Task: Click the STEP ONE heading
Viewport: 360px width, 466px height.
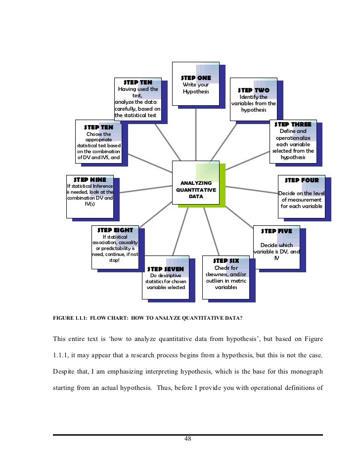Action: (196, 78)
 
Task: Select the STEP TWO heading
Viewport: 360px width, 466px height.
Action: (254, 90)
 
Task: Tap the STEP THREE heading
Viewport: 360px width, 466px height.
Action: (293, 125)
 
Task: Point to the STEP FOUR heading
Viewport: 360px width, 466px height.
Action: (302, 180)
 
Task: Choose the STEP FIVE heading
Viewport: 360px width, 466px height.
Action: (276, 231)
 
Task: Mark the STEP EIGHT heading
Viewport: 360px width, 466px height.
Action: (115, 230)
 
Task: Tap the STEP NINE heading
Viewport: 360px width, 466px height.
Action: (90, 179)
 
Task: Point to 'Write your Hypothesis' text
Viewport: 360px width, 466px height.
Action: (196, 88)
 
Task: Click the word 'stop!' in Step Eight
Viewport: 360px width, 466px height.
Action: (114, 260)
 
